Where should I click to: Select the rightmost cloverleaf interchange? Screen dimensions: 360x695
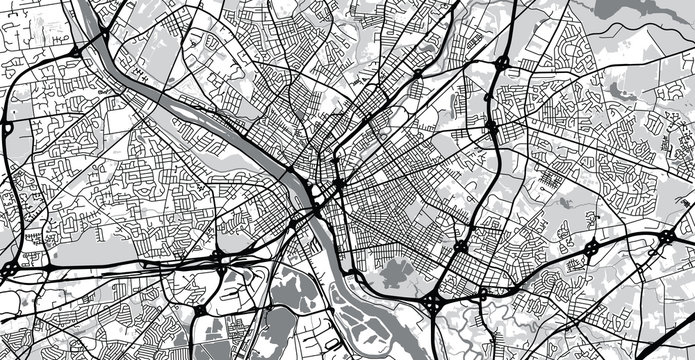point(665,239)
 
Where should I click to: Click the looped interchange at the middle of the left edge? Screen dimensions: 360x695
point(8,128)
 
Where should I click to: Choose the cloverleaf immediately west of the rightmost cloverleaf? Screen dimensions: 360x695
point(593,246)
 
